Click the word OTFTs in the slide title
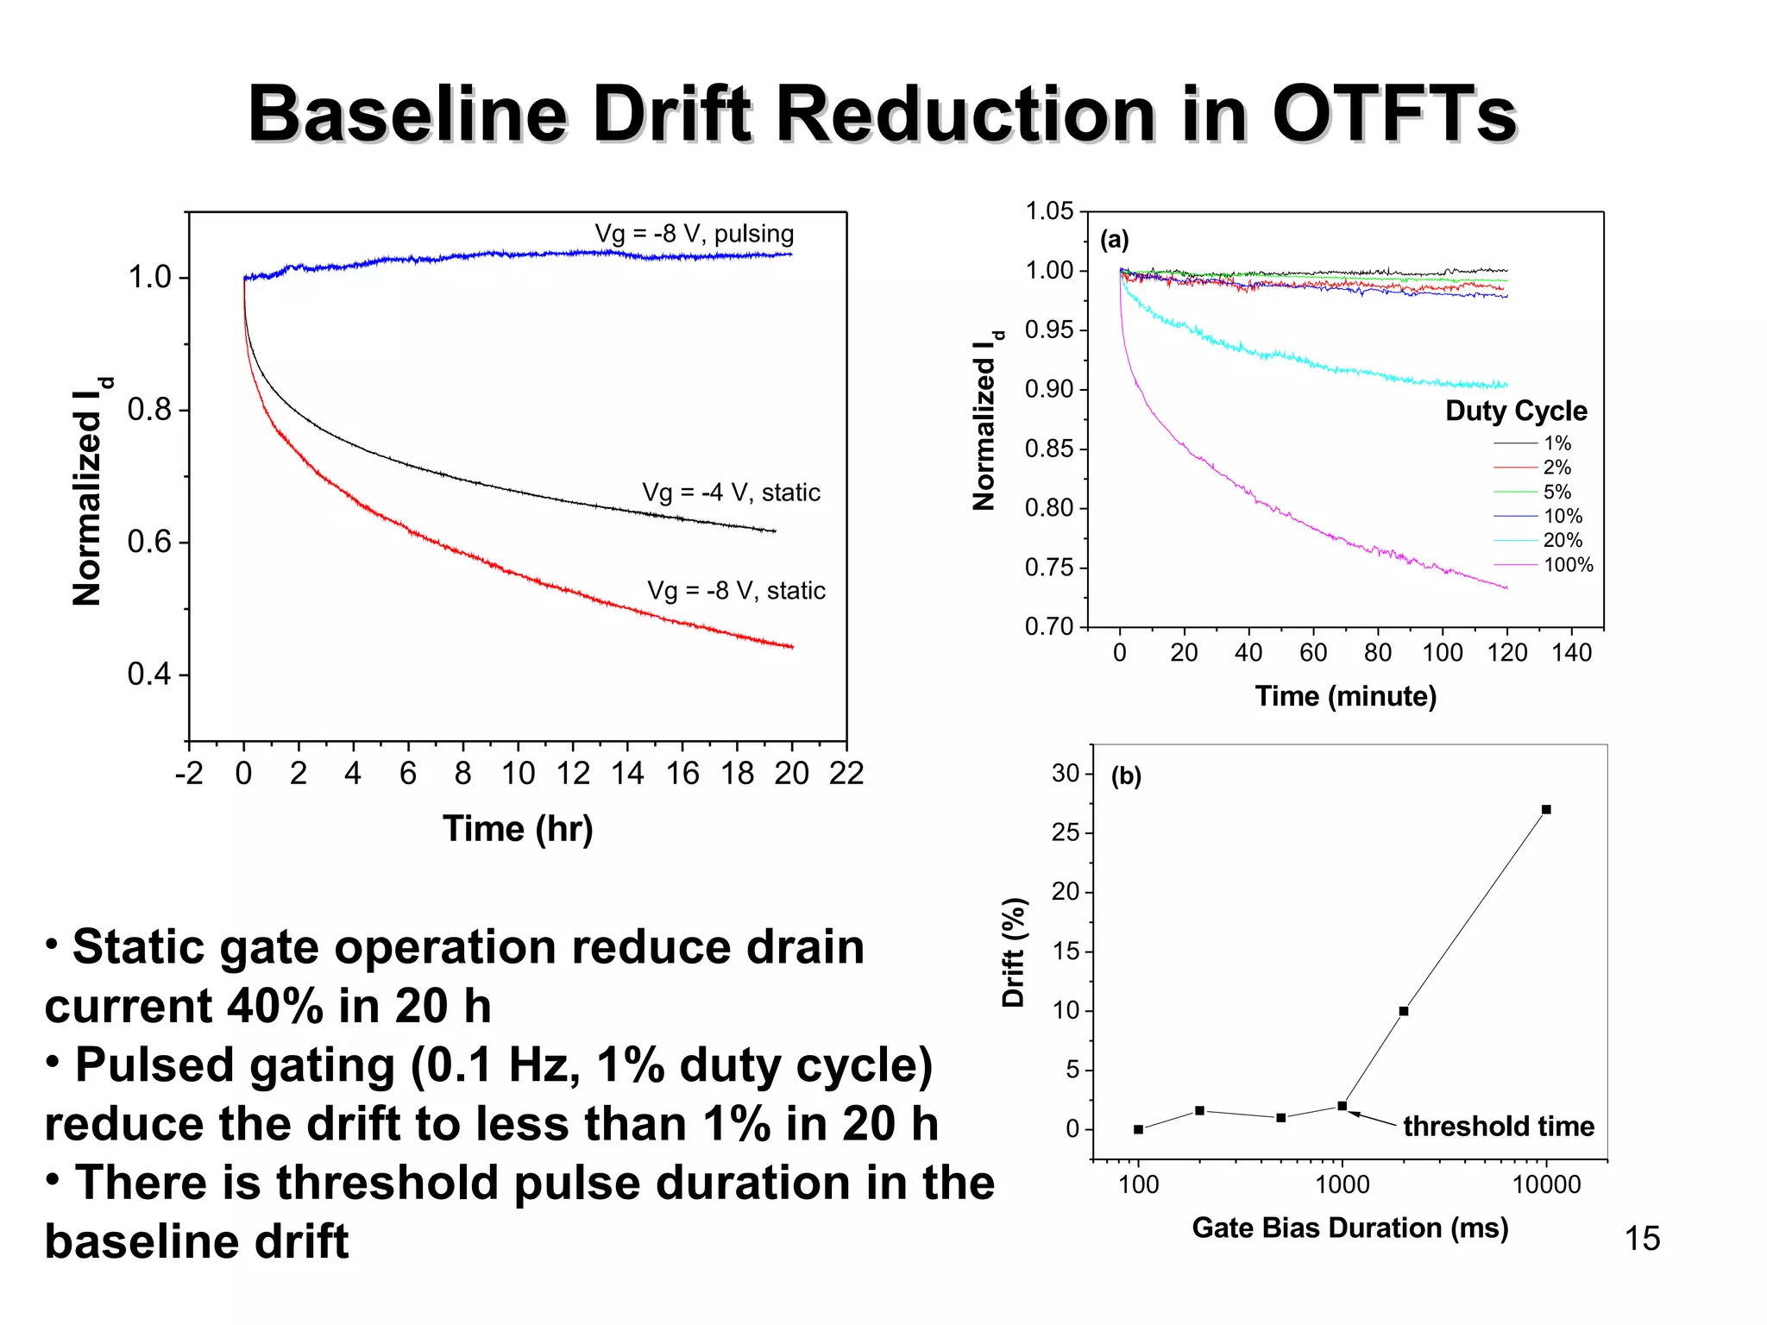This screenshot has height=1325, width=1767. coord(1393,114)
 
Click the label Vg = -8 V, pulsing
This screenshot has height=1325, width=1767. coord(694,234)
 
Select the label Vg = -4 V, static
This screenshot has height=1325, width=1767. coord(731,493)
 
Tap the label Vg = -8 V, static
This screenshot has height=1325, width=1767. coord(736,591)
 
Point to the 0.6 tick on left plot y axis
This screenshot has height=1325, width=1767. coord(149,542)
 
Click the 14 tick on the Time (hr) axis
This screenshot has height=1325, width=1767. coord(627,773)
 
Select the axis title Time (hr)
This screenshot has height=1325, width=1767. coord(518,829)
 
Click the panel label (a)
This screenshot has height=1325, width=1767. coord(1114,240)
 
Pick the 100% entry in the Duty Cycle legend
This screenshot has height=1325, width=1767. coord(1568,565)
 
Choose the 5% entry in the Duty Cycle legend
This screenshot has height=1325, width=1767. coord(1556,492)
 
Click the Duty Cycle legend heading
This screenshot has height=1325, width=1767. coord(1516,411)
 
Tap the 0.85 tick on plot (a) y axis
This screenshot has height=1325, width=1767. coord(1049,449)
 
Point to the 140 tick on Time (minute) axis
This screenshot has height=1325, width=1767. coord(1571,653)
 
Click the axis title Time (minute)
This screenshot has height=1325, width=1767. coord(1345,696)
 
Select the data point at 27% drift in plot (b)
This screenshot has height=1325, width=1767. coord(1546,809)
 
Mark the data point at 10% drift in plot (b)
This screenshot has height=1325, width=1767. coord(1404,1011)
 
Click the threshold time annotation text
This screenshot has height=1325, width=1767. coord(1498,1126)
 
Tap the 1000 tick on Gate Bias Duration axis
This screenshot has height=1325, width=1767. coord(1342,1185)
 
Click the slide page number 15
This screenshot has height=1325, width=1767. coord(1642,1239)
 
